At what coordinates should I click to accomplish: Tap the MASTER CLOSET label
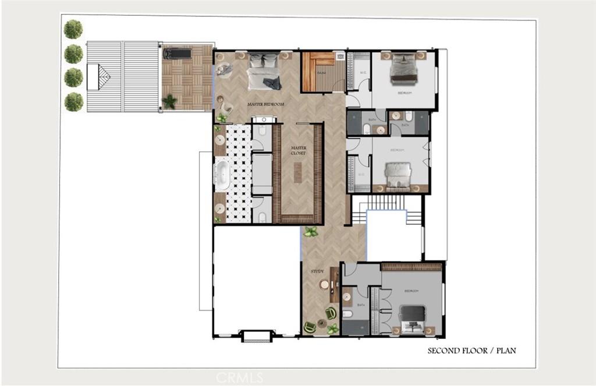[x=298, y=150]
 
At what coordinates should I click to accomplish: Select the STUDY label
[x=317, y=271]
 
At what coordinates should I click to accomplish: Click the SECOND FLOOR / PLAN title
[x=471, y=350]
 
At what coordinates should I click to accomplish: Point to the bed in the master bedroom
[x=264, y=72]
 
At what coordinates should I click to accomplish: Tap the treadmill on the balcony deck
[x=177, y=54]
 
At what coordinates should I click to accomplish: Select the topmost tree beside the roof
[x=73, y=29]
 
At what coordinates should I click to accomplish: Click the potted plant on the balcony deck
[x=169, y=101]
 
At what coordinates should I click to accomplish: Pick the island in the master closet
[x=298, y=172]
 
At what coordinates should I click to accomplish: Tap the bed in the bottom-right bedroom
[x=413, y=320]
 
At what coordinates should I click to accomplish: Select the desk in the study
[x=334, y=284]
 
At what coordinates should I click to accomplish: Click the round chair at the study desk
[x=324, y=285]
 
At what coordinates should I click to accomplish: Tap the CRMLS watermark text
[x=239, y=378]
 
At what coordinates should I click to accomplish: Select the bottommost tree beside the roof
[x=73, y=102]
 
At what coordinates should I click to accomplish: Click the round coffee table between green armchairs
[x=321, y=319]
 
